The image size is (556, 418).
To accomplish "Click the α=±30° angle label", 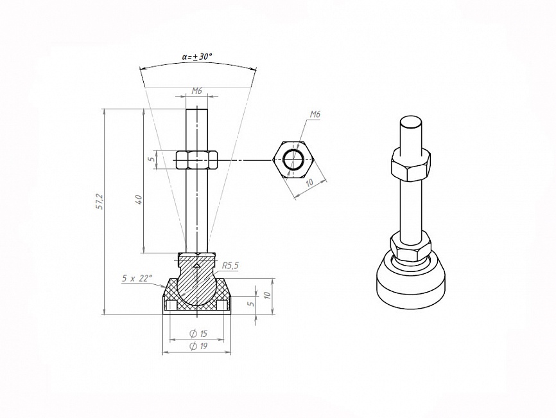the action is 197,56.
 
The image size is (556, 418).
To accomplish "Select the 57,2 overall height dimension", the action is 100,201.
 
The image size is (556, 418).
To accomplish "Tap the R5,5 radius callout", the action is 230,266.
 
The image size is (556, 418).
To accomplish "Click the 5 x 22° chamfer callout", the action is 137,278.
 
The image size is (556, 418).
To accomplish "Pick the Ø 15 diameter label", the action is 198,334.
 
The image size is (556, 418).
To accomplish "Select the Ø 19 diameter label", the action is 198,346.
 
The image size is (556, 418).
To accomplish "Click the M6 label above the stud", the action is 197,91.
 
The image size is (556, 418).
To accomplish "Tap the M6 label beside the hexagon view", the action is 315,114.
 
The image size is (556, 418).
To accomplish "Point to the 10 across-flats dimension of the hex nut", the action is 309,182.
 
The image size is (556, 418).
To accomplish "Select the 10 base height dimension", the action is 268,295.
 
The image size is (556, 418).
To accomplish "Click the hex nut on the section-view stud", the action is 196,160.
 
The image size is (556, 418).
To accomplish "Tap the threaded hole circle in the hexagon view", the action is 294,159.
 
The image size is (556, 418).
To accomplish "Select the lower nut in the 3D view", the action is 411,248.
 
